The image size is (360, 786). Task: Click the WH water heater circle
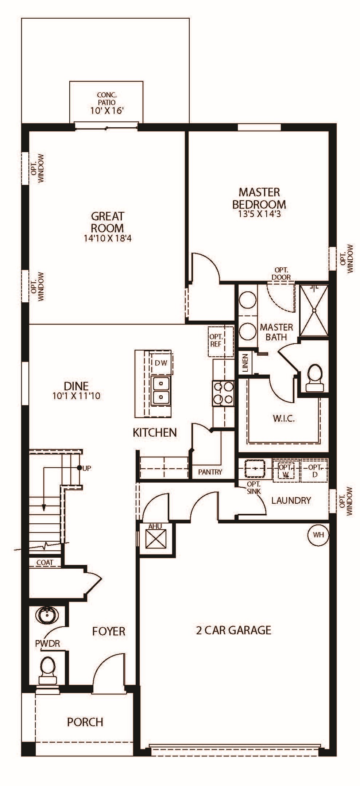(318, 535)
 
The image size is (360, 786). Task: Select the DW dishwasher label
(161, 363)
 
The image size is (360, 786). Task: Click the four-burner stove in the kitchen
(223, 393)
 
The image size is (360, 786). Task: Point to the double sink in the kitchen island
(161, 391)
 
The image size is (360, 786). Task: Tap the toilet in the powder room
(48, 671)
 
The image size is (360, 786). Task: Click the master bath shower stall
(313, 310)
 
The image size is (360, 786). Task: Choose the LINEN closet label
(245, 363)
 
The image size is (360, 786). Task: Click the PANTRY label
(210, 472)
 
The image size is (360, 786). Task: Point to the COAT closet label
(45, 562)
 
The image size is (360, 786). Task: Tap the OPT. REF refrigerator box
(221, 341)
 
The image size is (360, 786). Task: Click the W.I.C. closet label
(284, 418)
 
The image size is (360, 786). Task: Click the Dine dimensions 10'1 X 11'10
(76, 396)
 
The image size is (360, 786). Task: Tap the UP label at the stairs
(87, 468)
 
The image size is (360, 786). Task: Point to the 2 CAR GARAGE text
(234, 630)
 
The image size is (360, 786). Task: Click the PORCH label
(85, 722)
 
